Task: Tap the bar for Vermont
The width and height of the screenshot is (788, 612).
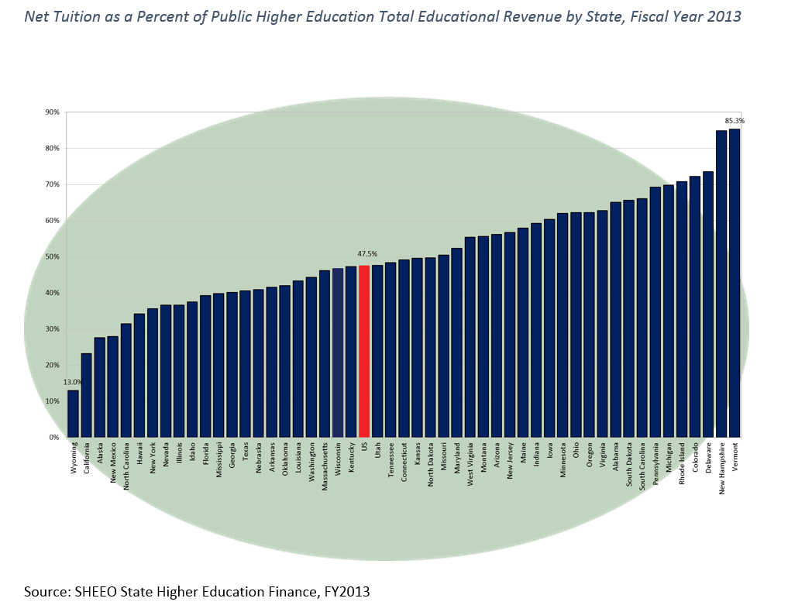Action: pyautogui.click(x=735, y=283)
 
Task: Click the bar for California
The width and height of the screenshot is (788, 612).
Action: pyautogui.click(x=86, y=395)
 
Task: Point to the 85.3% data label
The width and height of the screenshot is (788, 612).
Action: pyautogui.click(x=735, y=121)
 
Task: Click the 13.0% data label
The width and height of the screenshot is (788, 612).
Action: pyautogui.click(x=73, y=382)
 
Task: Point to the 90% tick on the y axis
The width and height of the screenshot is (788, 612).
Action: pyautogui.click(x=53, y=112)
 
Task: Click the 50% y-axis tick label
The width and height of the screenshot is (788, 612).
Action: pyautogui.click(x=53, y=256)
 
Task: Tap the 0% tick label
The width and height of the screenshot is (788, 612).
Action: pyautogui.click(x=54, y=437)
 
